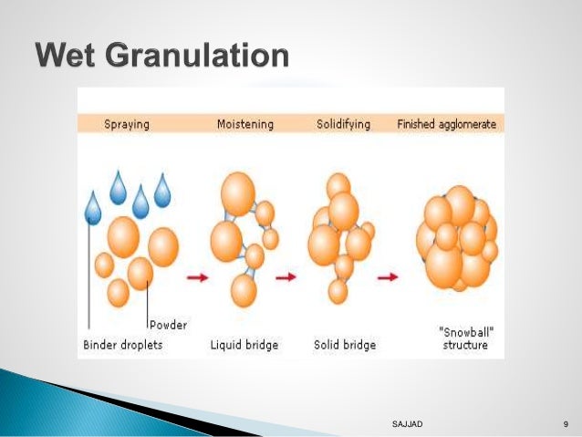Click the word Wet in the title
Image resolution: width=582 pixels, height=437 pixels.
coord(68,56)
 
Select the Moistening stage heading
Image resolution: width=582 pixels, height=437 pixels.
coord(244,124)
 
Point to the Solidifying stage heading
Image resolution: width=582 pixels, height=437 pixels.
coord(342,124)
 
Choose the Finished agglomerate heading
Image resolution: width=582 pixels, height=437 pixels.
coord(446,124)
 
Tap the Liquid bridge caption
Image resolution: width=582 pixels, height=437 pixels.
coord(244,346)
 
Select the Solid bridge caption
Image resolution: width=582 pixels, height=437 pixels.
coord(342,346)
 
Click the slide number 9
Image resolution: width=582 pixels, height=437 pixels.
coord(566,425)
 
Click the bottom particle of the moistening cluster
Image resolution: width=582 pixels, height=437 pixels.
coord(244,290)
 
